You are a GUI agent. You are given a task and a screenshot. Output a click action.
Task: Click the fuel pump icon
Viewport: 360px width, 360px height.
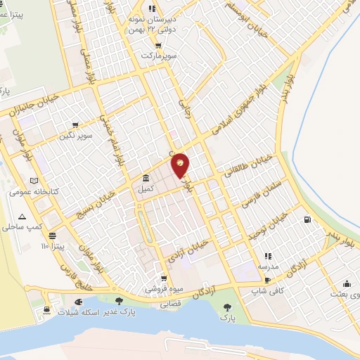307,220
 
